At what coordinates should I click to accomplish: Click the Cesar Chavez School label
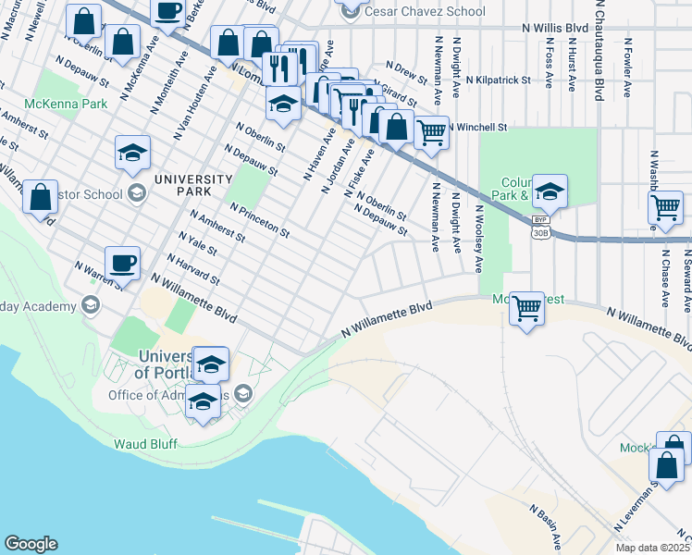(425, 11)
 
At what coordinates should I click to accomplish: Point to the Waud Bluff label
(144, 443)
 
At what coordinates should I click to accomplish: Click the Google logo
(31, 544)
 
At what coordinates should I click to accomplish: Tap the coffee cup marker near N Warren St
(122, 263)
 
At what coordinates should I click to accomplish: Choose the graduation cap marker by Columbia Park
(550, 191)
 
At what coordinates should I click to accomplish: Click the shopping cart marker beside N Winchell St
(431, 132)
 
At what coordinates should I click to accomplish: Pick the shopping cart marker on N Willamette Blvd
(526, 309)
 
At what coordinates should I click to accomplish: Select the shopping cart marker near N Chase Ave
(666, 209)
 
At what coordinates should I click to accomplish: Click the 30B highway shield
(540, 232)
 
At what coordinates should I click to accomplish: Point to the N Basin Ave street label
(546, 524)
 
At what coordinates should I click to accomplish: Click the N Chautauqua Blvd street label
(599, 51)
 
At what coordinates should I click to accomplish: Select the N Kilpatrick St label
(501, 80)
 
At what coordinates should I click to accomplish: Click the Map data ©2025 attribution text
(652, 548)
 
